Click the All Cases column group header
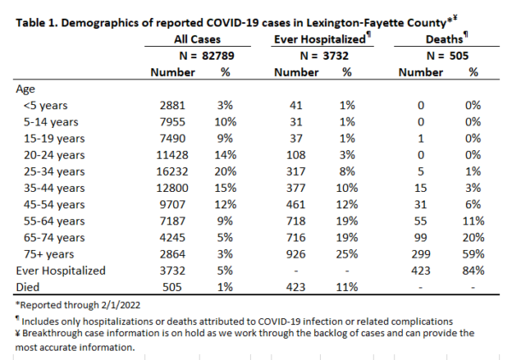[197, 39]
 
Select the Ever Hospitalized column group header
[320, 39]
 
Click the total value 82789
[218, 55]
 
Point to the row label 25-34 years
[54, 171]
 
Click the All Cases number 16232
[172, 171]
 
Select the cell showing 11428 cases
[172, 155]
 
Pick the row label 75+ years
[49, 254]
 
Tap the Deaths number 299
[421, 254]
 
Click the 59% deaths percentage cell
[473, 254]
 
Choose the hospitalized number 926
[296, 254]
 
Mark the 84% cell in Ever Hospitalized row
[473, 270]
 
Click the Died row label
[28, 287]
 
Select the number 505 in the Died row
[172, 287]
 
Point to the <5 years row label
[45, 106]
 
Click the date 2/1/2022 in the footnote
[120, 305]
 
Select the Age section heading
[25, 90]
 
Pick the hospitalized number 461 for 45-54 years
[296, 205]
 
